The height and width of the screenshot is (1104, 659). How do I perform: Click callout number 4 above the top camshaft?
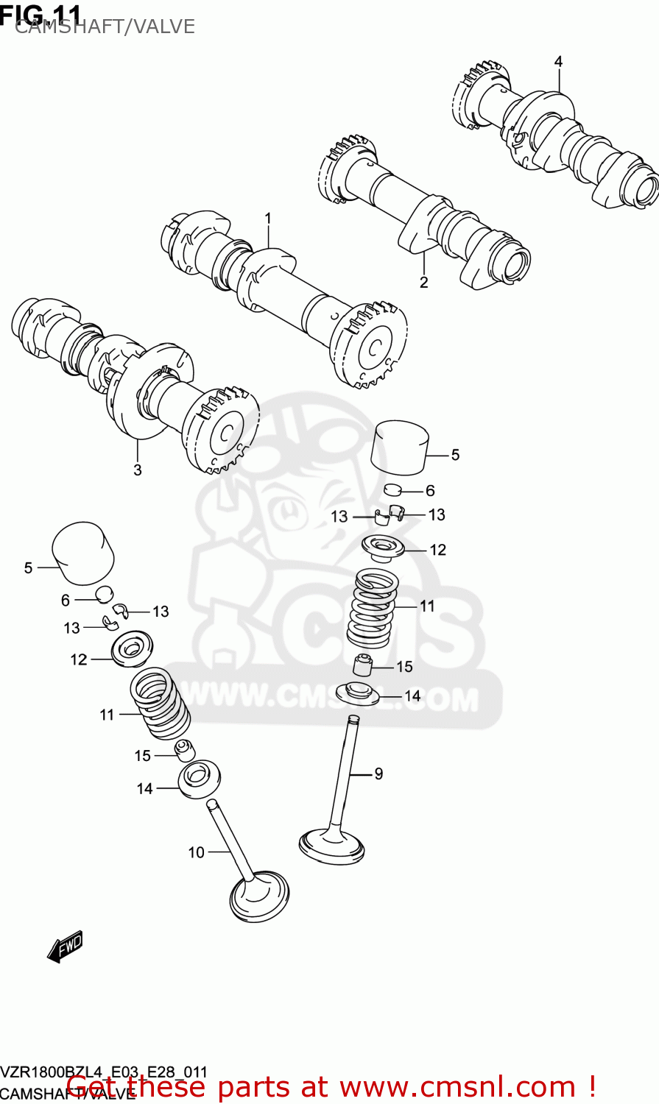tap(558, 62)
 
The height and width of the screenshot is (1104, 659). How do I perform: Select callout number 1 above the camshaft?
tap(268, 219)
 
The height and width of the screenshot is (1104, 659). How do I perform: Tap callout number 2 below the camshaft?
tap(424, 282)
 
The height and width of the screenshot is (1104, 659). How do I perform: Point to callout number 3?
tap(138, 470)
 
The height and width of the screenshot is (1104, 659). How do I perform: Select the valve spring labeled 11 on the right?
tap(373, 606)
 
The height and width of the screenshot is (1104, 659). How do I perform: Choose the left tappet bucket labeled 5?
tap(83, 553)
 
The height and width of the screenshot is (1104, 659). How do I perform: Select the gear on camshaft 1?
tap(370, 344)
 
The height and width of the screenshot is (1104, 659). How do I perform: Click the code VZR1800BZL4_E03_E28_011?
tap(104, 1072)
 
